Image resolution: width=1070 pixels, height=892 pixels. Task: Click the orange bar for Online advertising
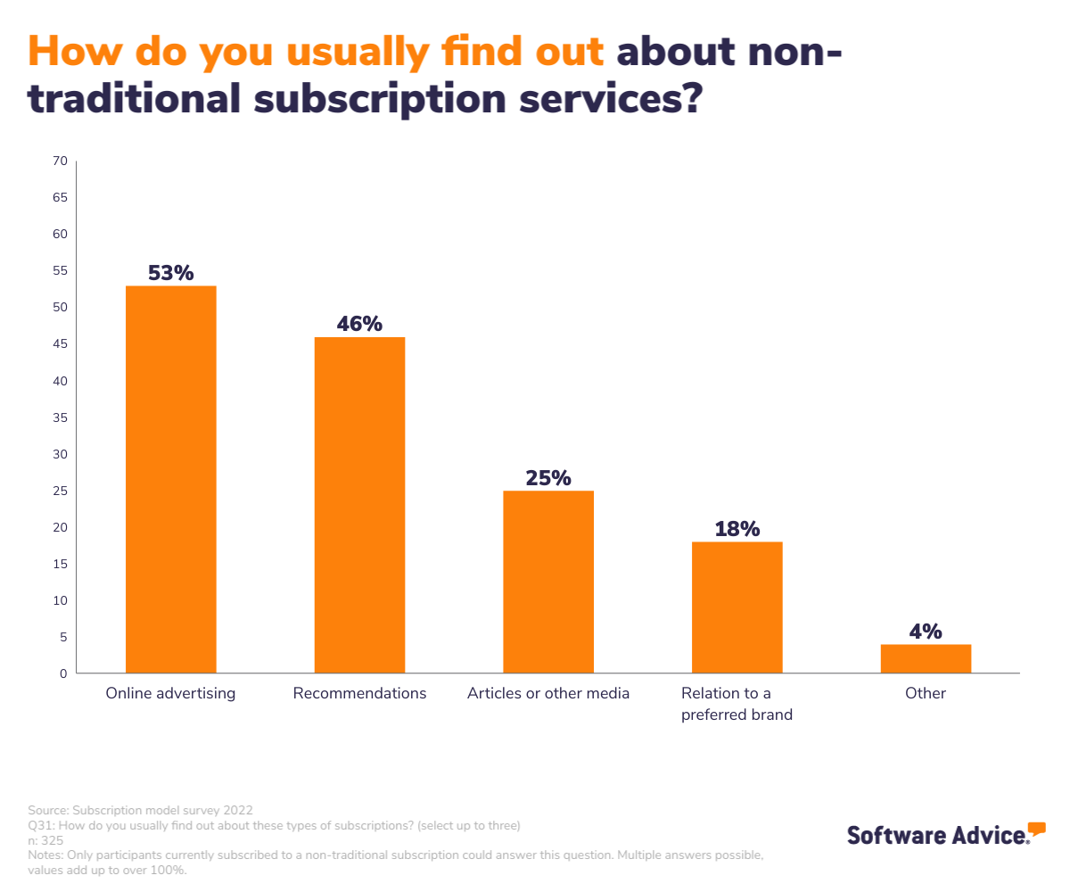(170, 480)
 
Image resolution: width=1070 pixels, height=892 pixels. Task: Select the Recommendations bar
(359, 505)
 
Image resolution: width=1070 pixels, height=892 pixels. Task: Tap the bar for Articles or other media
(548, 582)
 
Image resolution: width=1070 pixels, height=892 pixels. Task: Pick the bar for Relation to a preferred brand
(737, 607)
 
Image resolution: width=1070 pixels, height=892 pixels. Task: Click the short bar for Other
(926, 659)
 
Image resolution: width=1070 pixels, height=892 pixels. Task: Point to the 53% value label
(170, 273)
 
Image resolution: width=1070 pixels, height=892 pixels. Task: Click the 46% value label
(359, 324)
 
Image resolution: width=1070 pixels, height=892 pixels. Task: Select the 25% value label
(548, 478)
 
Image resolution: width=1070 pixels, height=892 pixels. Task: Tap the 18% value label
(737, 529)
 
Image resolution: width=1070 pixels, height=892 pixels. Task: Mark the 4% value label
(926, 632)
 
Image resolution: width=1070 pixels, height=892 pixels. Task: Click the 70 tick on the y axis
(60, 161)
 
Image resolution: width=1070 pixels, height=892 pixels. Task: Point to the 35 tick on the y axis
(60, 417)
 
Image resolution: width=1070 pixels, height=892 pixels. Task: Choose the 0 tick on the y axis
(63, 674)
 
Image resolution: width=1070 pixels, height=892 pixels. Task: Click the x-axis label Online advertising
(170, 693)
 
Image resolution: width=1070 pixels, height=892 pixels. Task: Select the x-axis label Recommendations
(359, 693)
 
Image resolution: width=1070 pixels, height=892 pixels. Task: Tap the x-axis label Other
(926, 693)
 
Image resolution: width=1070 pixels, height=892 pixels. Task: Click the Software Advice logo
(946, 834)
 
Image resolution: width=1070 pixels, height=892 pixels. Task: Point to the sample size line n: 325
(45, 840)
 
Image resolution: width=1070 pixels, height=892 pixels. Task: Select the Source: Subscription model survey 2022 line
(141, 811)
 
